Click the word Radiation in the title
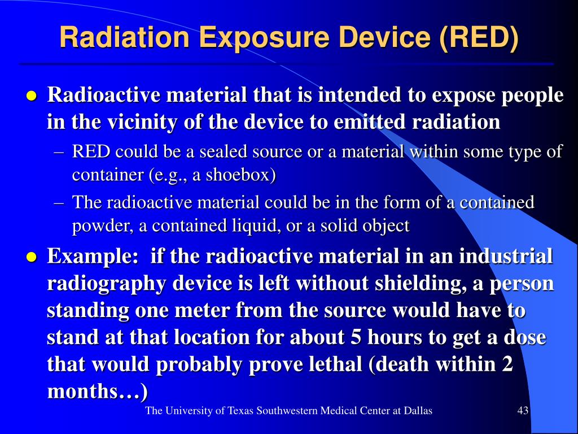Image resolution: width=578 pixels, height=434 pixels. pyautogui.click(x=124, y=37)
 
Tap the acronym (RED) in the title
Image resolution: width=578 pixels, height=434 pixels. pyautogui.click(x=479, y=38)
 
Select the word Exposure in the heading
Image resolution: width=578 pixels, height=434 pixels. pyautogui.click(x=264, y=38)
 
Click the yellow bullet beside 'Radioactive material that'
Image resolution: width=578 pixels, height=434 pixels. pyautogui.click(x=32, y=96)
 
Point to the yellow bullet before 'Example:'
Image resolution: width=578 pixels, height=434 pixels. pyautogui.click(x=32, y=257)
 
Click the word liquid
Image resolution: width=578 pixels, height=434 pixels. pyautogui.click(x=256, y=226)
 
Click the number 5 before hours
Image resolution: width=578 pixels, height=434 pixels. pyautogui.click(x=356, y=338)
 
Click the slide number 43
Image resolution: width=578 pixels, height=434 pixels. pyautogui.click(x=523, y=410)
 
